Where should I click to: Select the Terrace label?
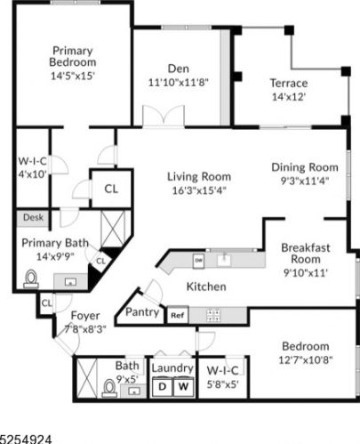(x=288, y=84)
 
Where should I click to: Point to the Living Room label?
(x=198, y=176)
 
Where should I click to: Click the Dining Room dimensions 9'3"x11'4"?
(x=305, y=181)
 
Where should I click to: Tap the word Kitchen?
(x=205, y=287)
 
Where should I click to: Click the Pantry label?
(x=142, y=312)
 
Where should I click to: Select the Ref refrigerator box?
(x=177, y=315)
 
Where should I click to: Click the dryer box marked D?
(x=163, y=387)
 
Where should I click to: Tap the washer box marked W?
(x=182, y=387)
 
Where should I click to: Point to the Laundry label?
(x=172, y=367)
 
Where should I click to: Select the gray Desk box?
(x=33, y=216)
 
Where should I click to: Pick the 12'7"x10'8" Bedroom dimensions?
(x=306, y=359)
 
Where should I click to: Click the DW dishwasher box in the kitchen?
(x=200, y=260)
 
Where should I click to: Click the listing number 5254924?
(x=27, y=438)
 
